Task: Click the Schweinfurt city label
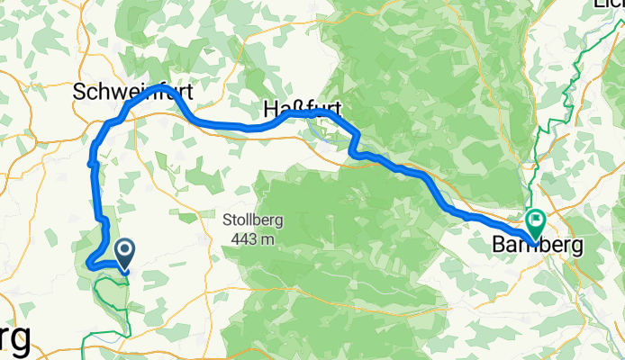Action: (134, 93)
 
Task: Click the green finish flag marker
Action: (536, 219)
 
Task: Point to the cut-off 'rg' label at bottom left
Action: (15, 339)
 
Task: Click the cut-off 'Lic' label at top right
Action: (609, 4)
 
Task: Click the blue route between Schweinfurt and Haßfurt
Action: (225, 125)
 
